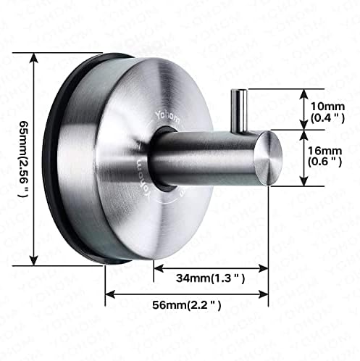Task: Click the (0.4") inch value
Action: (325, 117)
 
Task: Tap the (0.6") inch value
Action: (324, 162)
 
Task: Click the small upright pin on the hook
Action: (240, 109)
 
